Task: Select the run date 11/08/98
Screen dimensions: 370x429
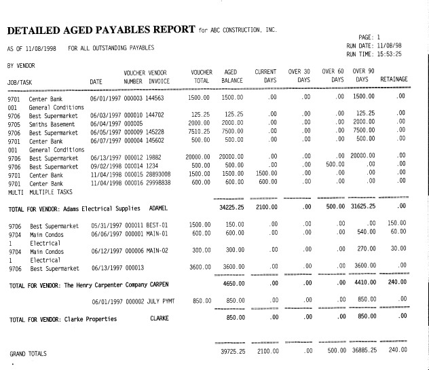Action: coord(396,45)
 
